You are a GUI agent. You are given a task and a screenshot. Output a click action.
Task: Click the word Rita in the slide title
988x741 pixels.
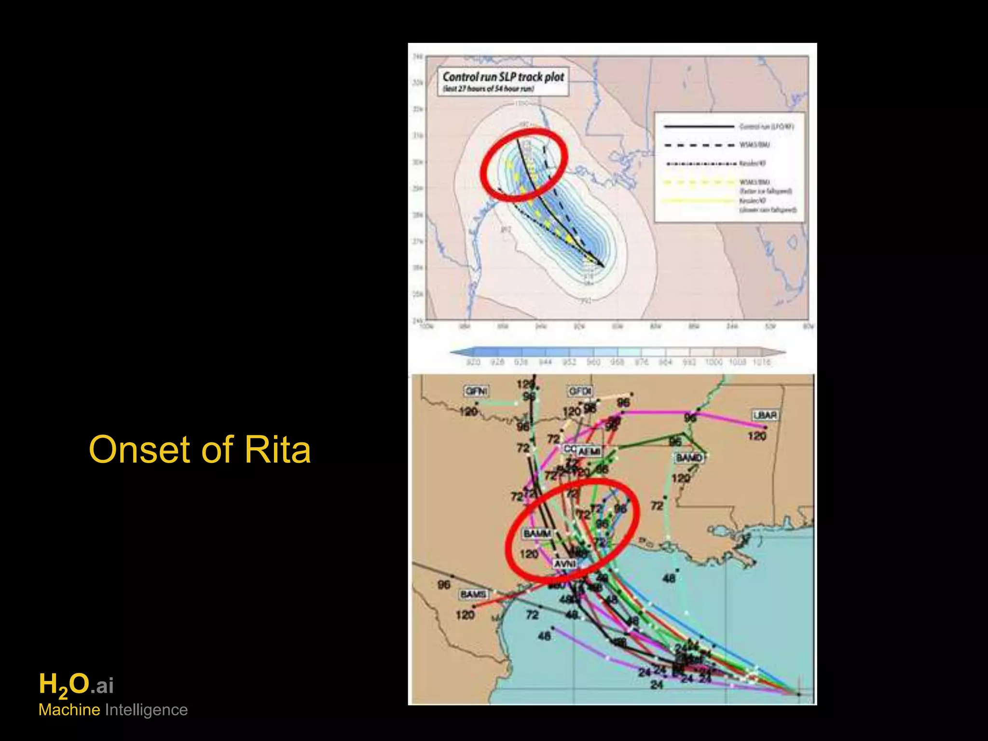(277, 449)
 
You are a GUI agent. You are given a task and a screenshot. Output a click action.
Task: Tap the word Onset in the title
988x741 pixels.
(141, 449)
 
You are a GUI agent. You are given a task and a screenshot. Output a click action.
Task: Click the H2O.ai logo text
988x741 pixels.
(76, 685)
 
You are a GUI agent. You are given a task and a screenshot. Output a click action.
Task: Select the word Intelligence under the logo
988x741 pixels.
(146, 710)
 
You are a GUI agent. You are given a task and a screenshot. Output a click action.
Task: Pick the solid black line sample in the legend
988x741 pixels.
(698, 127)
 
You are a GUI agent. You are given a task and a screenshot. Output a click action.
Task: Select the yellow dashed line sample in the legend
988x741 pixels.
(698, 182)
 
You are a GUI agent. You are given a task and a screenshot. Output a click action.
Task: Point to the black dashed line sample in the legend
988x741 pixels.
(698, 145)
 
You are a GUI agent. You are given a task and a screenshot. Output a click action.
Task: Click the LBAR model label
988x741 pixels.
(765, 415)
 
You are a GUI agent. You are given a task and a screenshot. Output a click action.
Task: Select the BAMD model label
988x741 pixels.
(689, 457)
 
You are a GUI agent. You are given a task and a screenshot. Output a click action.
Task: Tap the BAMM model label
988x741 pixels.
(537, 534)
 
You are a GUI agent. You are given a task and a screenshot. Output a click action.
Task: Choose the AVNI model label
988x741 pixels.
(565, 564)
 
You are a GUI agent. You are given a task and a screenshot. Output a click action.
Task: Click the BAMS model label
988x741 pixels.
(473, 594)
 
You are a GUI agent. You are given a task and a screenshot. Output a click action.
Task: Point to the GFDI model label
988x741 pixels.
(580, 391)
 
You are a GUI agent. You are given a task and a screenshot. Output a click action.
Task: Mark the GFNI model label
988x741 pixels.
(476, 391)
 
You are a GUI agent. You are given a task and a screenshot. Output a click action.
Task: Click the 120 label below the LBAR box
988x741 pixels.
(757, 436)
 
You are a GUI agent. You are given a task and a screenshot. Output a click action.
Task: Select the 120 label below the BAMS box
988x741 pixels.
(465, 615)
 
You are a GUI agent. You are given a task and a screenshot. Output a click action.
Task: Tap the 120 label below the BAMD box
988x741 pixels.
(681, 478)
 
